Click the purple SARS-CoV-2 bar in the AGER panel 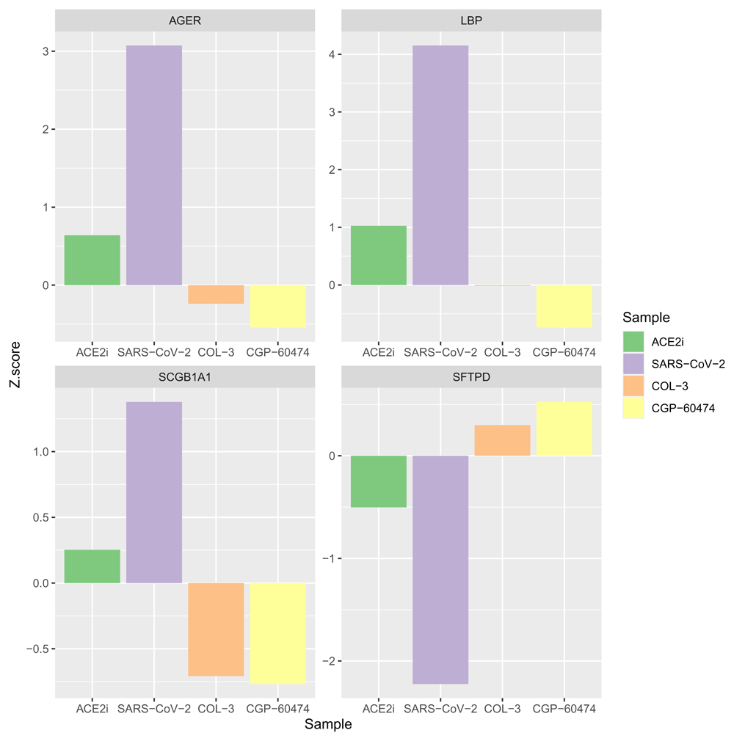(154, 165)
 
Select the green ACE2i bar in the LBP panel (379, 255)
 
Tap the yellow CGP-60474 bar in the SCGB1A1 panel (278, 633)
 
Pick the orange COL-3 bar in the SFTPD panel (502, 440)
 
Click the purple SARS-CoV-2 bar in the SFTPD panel (440, 569)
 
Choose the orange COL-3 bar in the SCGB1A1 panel (216, 629)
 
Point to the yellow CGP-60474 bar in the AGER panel (278, 306)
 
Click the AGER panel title (185, 21)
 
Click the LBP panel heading (471, 21)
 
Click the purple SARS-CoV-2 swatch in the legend (633, 364)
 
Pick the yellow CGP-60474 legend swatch (633, 408)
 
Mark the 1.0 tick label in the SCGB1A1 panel (40, 452)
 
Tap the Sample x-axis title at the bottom (328, 725)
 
